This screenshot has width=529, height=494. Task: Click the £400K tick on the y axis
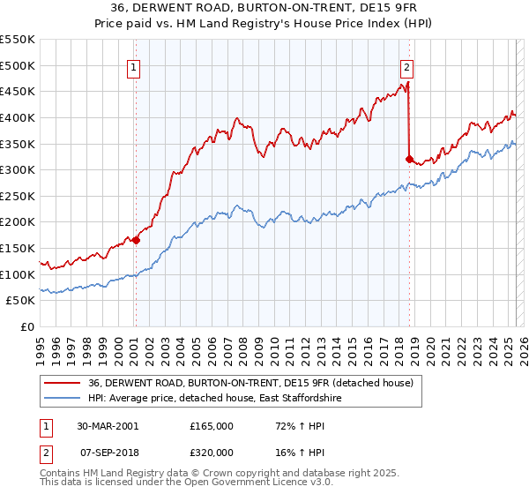point(18,117)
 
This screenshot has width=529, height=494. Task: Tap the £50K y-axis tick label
point(21,301)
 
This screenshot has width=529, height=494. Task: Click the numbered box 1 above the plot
point(133,66)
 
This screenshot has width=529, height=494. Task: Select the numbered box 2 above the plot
point(407,66)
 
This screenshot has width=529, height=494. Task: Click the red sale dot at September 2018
point(409,159)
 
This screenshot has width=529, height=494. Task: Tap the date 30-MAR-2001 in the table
point(107,426)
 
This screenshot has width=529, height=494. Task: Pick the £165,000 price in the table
point(211,426)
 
